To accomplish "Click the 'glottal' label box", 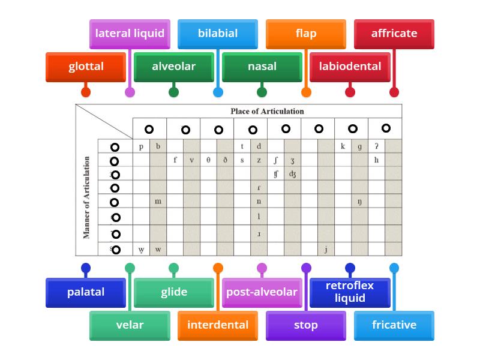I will [x=86, y=67].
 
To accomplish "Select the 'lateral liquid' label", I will [x=130, y=34].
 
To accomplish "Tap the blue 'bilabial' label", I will [x=218, y=34].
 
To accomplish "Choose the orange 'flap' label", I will [x=306, y=34].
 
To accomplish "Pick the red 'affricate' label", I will [x=394, y=34].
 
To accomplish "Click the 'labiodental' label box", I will [x=350, y=67].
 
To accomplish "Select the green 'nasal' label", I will [x=262, y=67].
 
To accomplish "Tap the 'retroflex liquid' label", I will [x=350, y=292].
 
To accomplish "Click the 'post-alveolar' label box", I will [x=262, y=292].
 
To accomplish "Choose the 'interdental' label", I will [x=218, y=325].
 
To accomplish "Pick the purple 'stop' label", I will [x=306, y=325].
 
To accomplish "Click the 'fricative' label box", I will [x=394, y=325].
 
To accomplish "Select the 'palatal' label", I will [x=86, y=292].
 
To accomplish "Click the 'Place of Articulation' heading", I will [x=267, y=111].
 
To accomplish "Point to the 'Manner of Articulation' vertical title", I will [x=87, y=197].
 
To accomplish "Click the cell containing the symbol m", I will [x=158, y=202].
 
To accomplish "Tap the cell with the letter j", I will [x=326, y=249].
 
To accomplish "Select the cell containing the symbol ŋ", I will [x=359, y=202].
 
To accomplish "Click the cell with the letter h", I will [x=376, y=160].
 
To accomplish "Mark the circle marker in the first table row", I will [x=115, y=147].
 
